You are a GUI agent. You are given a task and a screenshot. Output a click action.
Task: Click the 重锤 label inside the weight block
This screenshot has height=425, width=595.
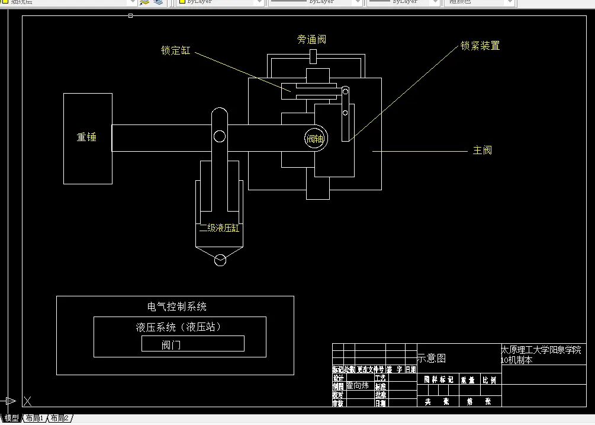click(86, 137)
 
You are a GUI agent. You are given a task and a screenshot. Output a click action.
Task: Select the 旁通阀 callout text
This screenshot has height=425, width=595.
click(311, 40)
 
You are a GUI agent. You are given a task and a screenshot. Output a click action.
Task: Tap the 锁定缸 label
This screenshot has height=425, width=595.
click(176, 51)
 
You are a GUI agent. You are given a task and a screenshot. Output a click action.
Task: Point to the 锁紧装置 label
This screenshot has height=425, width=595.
click(480, 46)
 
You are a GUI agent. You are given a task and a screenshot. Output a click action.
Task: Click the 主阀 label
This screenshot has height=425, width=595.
click(483, 150)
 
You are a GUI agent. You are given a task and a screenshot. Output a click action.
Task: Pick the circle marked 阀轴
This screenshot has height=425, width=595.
click(315, 139)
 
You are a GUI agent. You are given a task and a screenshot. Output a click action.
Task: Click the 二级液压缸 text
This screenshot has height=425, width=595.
click(219, 228)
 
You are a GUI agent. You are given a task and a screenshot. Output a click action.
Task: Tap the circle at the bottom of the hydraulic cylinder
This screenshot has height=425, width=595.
click(220, 260)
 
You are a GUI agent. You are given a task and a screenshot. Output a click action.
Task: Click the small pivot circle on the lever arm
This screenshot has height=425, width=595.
click(220, 137)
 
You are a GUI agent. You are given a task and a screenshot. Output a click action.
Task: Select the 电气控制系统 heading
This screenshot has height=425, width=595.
click(177, 307)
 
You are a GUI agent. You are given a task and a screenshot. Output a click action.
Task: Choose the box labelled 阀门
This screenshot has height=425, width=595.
click(192, 344)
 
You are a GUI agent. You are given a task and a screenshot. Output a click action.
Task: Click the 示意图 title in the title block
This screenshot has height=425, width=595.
click(432, 359)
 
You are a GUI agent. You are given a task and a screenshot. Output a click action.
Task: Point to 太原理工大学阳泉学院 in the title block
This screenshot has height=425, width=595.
click(541, 350)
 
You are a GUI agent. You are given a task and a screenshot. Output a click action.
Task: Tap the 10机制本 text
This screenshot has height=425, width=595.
click(517, 360)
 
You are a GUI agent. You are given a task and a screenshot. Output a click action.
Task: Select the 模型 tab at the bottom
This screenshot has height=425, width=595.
click(11, 418)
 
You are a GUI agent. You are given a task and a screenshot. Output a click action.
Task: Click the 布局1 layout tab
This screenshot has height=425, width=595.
click(34, 418)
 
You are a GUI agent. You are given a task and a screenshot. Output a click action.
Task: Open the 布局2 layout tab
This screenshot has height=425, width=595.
click(59, 418)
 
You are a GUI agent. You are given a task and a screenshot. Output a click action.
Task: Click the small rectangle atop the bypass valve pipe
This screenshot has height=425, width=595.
click(314, 57)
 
